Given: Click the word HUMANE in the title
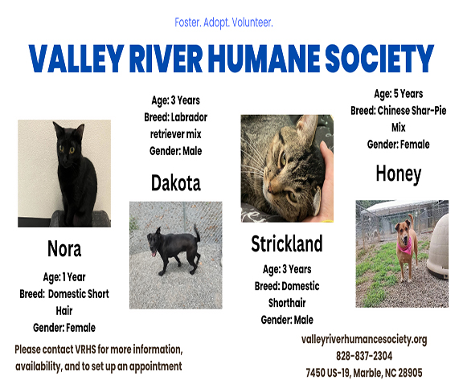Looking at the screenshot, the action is (x=264, y=59).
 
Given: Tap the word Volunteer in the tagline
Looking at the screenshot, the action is (x=252, y=22).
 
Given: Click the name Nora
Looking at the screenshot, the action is (x=64, y=248).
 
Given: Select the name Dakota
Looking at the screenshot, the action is (x=176, y=183).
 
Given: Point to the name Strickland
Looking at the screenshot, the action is (x=287, y=243).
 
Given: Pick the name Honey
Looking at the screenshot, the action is (x=399, y=174).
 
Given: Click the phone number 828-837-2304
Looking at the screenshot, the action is (x=364, y=356).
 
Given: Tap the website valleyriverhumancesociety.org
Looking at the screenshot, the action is (x=364, y=340).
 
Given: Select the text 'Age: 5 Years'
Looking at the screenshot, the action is (x=399, y=94).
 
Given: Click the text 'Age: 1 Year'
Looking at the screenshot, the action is (x=64, y=277).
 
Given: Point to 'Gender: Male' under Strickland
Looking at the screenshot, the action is (x=287, y=320).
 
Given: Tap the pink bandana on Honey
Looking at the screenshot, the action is (x=405, y=246).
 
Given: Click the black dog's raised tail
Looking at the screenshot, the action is (x=197, y=232).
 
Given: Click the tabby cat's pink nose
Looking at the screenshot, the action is (x=269, y=188).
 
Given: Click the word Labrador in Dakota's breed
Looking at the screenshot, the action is (x=189, y=117).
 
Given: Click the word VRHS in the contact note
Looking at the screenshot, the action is (x=86, y=349).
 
